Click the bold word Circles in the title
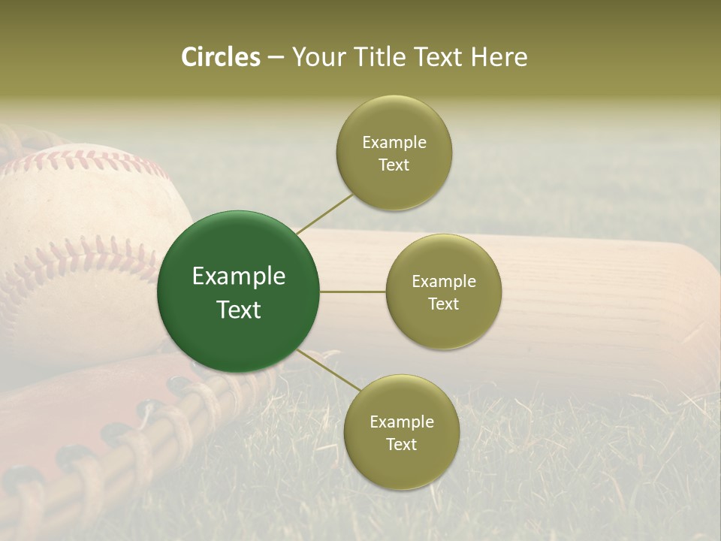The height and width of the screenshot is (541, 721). [x=220, y=57]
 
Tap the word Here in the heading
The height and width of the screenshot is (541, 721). [x=499, y=57]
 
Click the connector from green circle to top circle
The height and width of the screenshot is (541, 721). [x=325, y=213]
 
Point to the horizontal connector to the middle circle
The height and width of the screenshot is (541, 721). [x=352, y=292]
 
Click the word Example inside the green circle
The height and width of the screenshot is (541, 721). [x=239, y=277]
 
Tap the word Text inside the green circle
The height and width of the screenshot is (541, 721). [x=239, y=310]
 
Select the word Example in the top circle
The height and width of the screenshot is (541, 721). [x=394, y=143]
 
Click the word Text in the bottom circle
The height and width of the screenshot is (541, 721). [x=401, y=444]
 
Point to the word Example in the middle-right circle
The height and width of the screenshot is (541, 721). [x=444, y=282]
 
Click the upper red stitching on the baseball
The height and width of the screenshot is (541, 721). [x=90, y=159]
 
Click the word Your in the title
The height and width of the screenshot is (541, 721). [x=316, y=57]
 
